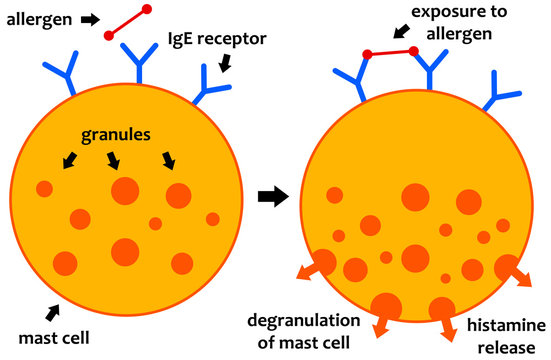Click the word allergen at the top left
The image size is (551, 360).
40,19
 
